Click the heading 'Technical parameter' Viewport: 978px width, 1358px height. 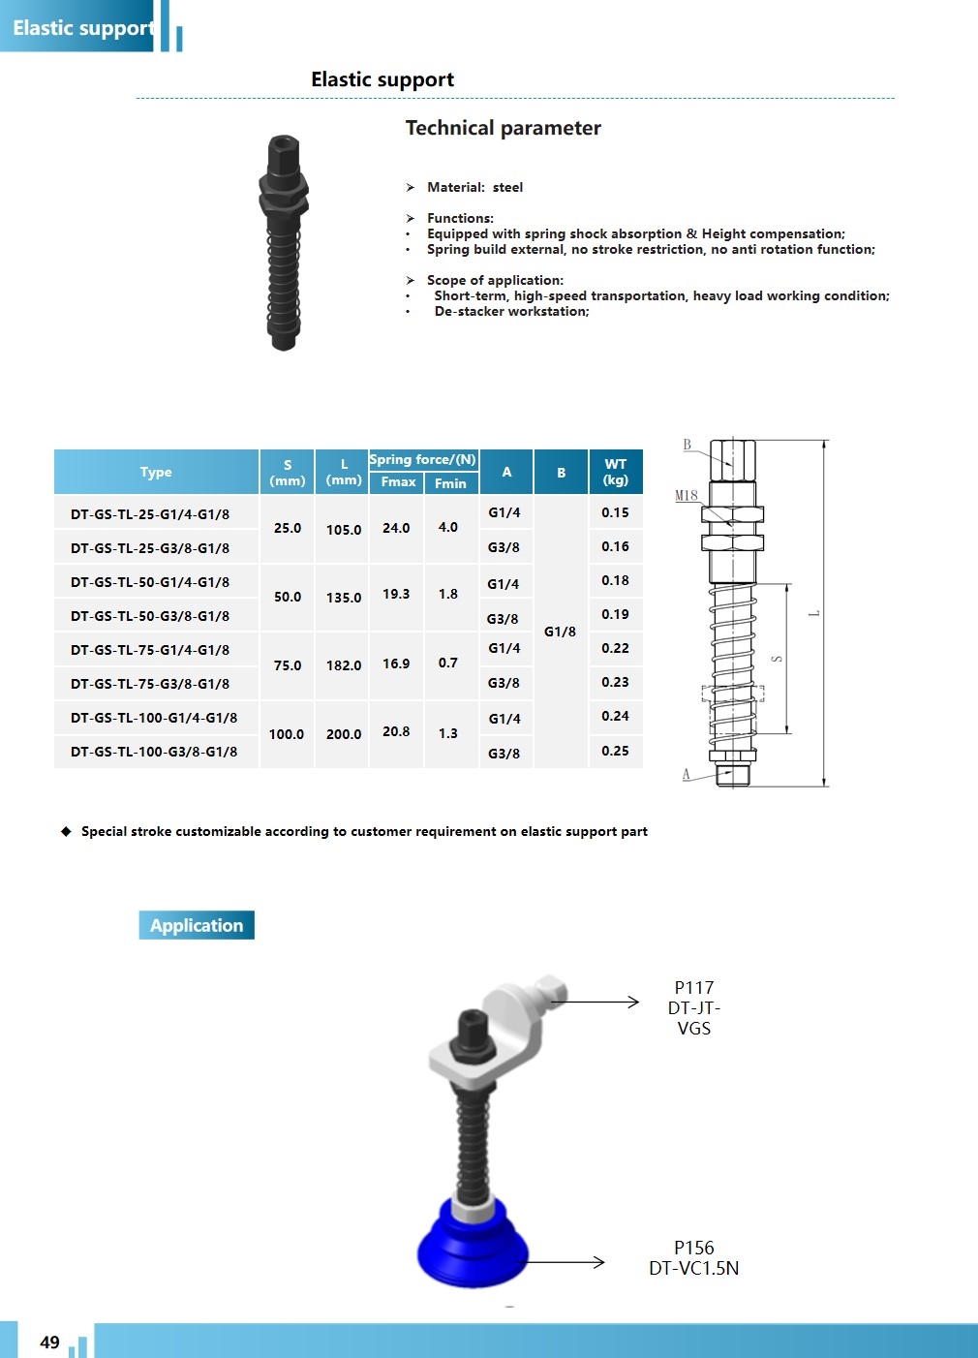coord(503,128)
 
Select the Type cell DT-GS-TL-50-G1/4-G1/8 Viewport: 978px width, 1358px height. coord(150,582)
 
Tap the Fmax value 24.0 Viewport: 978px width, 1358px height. coord(396,528)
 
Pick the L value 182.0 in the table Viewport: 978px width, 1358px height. coord(344,665)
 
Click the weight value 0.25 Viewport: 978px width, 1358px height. coord(615,751)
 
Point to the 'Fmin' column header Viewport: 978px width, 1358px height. coord(450,482)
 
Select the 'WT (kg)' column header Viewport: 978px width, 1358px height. coord(616,472)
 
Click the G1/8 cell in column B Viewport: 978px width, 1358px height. coord(560,632)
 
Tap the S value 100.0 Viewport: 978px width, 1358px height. coord(287,734)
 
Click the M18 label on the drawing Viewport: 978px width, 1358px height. coord(687,495)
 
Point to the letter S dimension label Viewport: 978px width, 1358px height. coord(777,659)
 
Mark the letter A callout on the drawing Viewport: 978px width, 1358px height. coord(687,774)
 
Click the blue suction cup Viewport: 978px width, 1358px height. coord(473,1250)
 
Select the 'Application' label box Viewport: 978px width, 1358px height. coord(197,925)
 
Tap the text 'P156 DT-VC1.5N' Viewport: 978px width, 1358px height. coord(693,1258)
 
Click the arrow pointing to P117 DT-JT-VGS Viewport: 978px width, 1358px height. coord(596,1002)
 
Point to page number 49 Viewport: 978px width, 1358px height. coord(49,1342)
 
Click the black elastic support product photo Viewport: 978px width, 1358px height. coord(284,242)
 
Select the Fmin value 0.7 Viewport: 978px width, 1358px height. coord(447,664)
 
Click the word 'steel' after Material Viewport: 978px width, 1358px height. coord(507,187)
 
